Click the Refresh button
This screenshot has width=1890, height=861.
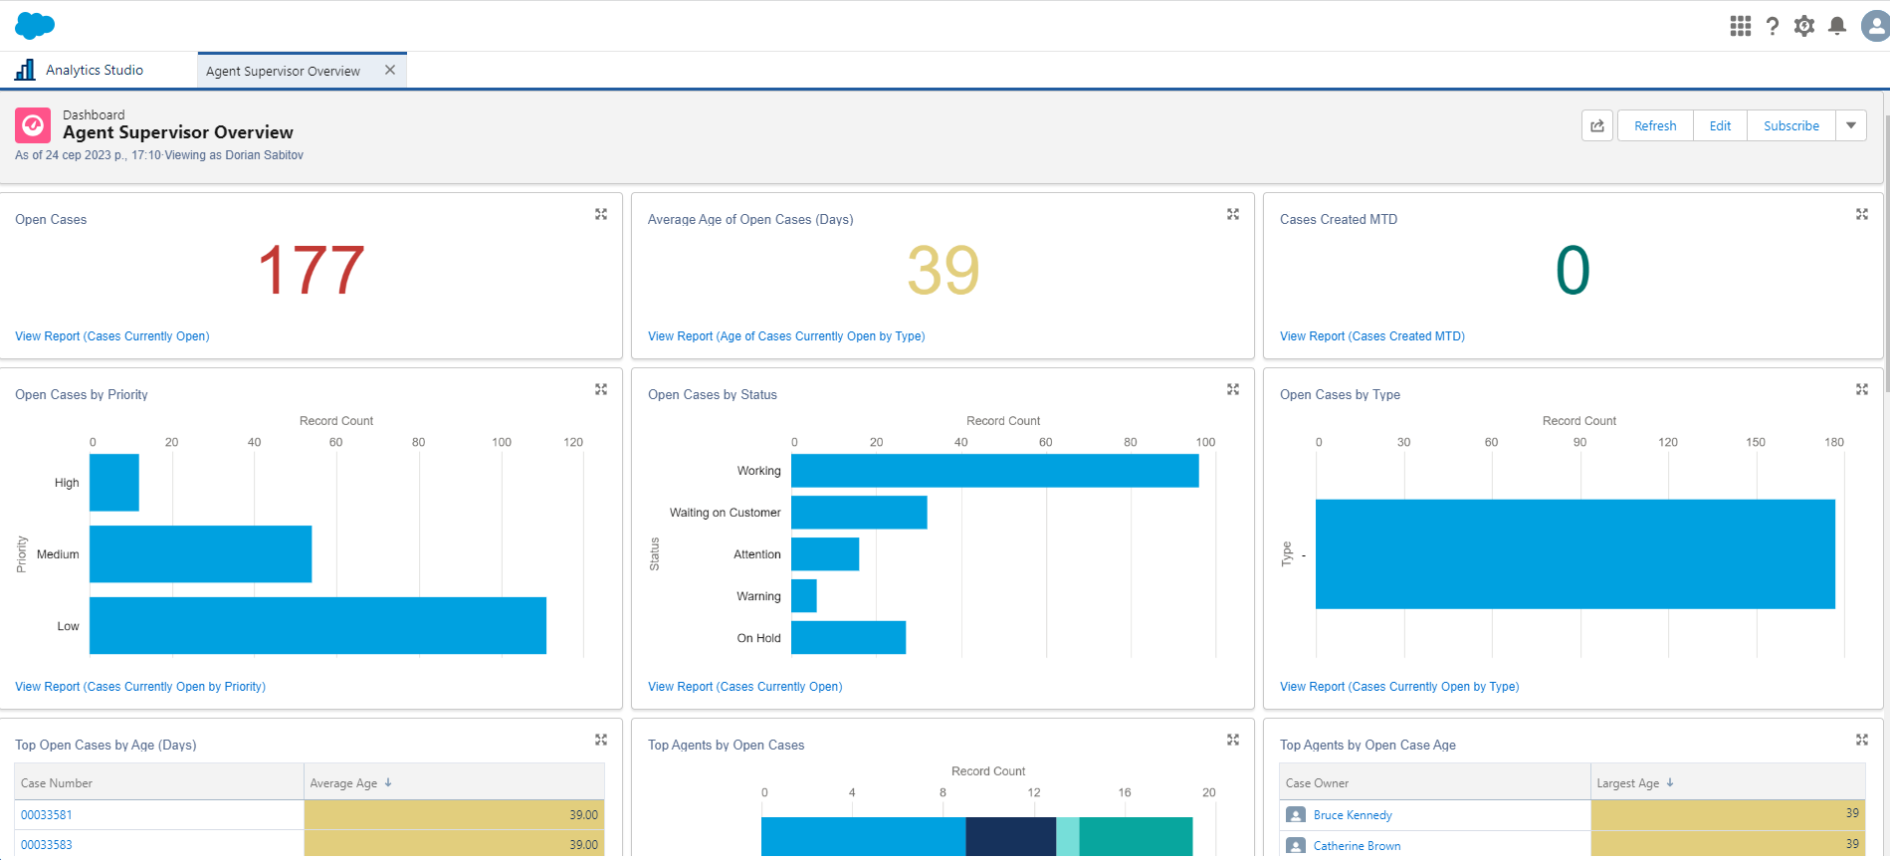pyautogui.click(x=1654, y=126)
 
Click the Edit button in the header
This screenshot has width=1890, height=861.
pyautogui.click(x=1720, y=126)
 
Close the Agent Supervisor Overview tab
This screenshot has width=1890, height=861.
pyautogui.click(x=390, y=70)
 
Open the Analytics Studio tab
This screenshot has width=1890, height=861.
pyautogui.click(x=94, y=70)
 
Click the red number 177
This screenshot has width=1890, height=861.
pyautogui.click(x=311, y=271)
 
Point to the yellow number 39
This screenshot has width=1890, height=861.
pyautogui.click(x=943, y=271)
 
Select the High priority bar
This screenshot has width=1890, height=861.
pyautogui.click(x=114, y=483)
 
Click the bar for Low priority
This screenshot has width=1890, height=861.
pyautogui.click(x=317, y=625)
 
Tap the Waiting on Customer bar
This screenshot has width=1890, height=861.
pyautogui.click(x=859, y=513)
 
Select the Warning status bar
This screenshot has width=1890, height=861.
pyautogui.click(x=804, y=596)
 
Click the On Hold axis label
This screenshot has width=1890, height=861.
pyautogui.click(x=758, y=638)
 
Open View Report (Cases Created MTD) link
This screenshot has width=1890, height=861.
pyautogui.click(x=1371, y=336)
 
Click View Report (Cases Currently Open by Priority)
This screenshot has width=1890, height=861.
pyautogui.click(x=140, y=687)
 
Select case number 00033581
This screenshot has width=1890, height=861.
pyautogui.click(x=47, y=815)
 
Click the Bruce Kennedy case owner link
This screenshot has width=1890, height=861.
pyautogui.click(x=1352, y=815)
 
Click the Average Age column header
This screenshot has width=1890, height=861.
pyautogui.click(x=343, y=783)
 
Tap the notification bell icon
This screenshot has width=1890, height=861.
pyautogui.click(x=1837, y=26)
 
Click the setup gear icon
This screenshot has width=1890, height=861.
pyautogui.click(x=1803, y=26)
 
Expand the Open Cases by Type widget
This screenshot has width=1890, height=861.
pyautogui.click(x=1861, y=389)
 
